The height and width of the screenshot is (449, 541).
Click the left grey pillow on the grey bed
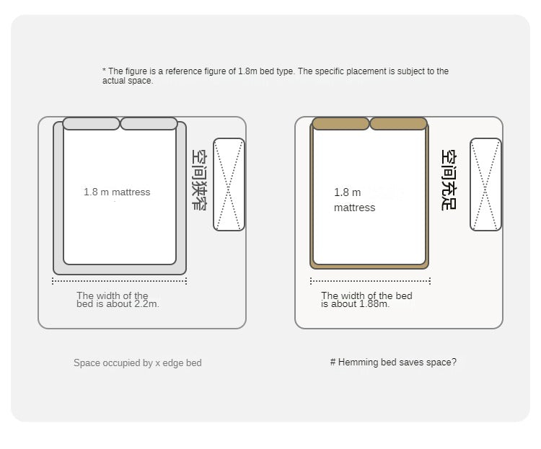pos(91,123)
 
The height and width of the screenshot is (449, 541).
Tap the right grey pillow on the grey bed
pos(149,123)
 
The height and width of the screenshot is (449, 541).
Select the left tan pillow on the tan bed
pos(340,123)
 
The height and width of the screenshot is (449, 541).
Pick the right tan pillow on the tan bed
pos(398,123)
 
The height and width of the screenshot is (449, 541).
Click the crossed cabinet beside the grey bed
pos(229,185)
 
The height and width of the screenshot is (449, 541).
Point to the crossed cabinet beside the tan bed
pos(485,185)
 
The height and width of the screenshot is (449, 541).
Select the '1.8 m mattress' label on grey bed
pos(117,192)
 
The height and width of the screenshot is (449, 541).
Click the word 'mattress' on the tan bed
pos(354,208)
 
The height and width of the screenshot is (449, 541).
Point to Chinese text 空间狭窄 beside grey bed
pos(199,179)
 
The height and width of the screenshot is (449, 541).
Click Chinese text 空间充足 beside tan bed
pos(449,179)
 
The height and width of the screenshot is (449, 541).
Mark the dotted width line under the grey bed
pos(119,281)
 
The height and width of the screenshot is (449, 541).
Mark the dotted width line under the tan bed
pos(370,281)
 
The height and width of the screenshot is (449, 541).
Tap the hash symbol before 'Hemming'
pos(333,362)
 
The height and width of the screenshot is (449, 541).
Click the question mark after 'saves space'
pos(454,362)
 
